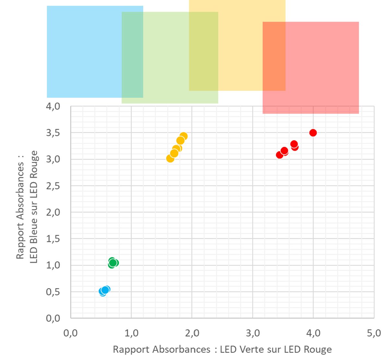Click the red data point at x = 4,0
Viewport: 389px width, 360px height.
coord(313,133)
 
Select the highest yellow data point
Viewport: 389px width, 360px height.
coord(183,136)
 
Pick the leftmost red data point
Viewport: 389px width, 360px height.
coord(280,155)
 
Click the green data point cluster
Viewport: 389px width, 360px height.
coord(113,263)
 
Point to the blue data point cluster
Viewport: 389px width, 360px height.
coord(104,291)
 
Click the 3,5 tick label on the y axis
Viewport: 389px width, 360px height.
coord(53,133)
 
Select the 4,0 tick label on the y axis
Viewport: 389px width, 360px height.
coord(53,106)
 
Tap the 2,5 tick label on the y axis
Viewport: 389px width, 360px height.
coord(53,186)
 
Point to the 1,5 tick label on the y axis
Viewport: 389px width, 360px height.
coord(53,239)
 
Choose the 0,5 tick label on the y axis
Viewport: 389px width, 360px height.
coord(53,292)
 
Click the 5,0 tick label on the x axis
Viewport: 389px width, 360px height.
coord(374,333)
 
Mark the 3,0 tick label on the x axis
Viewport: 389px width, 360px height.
coord(253,333)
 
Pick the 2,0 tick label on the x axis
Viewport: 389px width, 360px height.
coord(192,333)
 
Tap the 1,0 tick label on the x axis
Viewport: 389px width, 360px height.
coord(131,333)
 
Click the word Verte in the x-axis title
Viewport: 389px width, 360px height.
coord(252,349)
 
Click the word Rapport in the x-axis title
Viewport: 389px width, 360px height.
coord(131,349)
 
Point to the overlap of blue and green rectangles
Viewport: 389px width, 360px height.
coord(132,55)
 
